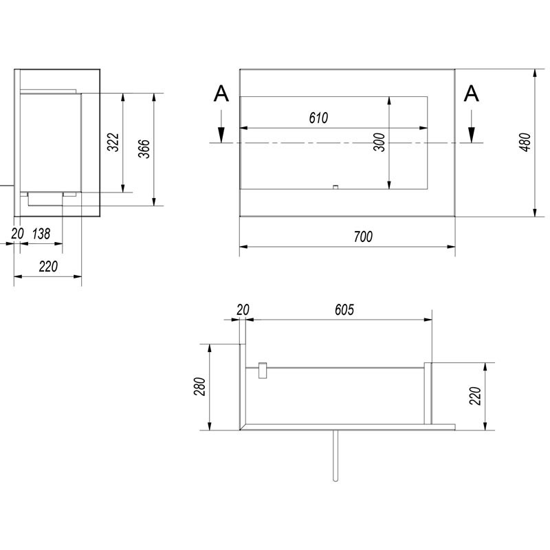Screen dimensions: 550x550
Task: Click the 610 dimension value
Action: [x=318, y=118]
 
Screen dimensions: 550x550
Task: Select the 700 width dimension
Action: [x=364, y=236]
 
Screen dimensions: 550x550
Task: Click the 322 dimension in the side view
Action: [x=114, y=142]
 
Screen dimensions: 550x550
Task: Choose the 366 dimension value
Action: [x=144, y=148]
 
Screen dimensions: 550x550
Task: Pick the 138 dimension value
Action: [x=41, y=234]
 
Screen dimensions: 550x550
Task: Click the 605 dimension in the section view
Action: [x=344, y=310]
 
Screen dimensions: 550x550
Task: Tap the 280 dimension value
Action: [x=200, y=388]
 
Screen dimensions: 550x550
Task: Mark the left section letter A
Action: [x=220, y=94]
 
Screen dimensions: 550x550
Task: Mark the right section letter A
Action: [x=472, y=94]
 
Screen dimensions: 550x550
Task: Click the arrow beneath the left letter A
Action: [x=220, y=131]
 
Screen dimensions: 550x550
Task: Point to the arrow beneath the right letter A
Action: [x=472, y=131]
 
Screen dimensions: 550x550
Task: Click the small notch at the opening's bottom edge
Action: [x=334, y=186]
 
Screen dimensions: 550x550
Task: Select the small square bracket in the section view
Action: [x=262, y=370]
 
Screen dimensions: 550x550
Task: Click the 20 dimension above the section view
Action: [x=242, y=310]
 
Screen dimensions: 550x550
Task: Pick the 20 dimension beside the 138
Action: [x=17, y=234]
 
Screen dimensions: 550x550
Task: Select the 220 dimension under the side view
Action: [x=48, y=267]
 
